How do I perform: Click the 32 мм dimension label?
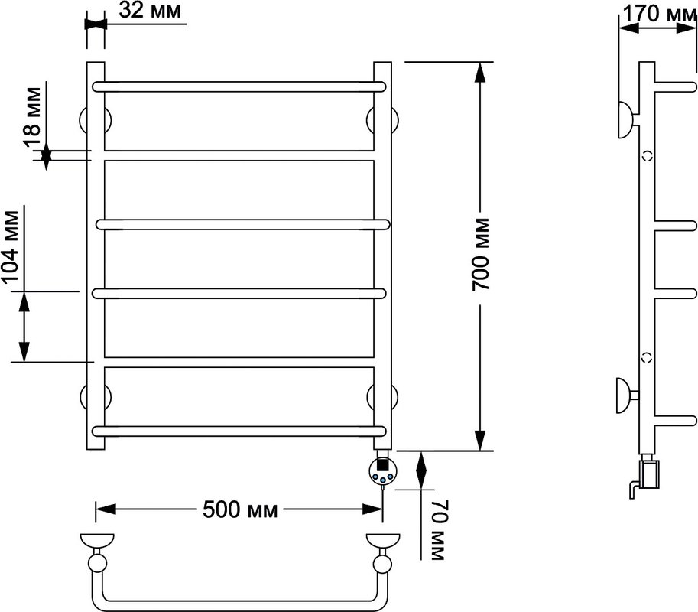click(x=150, y=11)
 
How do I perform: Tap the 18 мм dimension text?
click(x=32, y=117)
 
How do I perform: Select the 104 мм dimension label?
click(x=11, y=246)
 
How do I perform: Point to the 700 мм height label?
click(x=481, y=255)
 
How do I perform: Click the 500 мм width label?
click(x=240, y=509)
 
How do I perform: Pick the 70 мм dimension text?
click(x=439, y=529)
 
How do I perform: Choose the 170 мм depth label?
click(x=659, y=13)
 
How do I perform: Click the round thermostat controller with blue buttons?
click(x=382, y=473)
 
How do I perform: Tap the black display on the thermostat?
click(x=382, y=465)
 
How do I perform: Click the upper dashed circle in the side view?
click(x=648, y=156)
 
